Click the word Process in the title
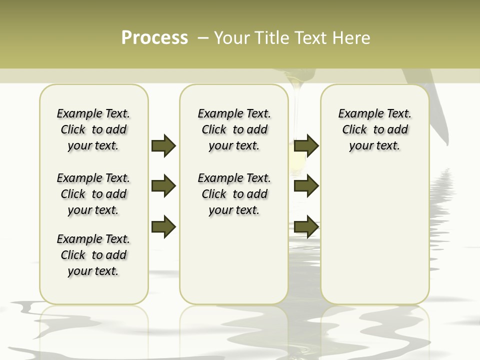[x=154, y=38]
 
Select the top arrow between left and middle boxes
[x=163, y=145]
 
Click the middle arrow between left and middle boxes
[x=163, y=186]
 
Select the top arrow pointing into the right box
[x=306, y=145]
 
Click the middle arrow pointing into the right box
[x=306, y=186]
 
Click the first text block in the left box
[x=93, y=129]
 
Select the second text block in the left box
[x=93, y=194]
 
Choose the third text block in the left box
[x=93, y=255]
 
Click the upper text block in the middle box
[x=234, y=129]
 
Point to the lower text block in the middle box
[x=234, y=194]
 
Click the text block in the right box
[x=375, y=129]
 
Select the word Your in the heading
[x=232, y=38]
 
